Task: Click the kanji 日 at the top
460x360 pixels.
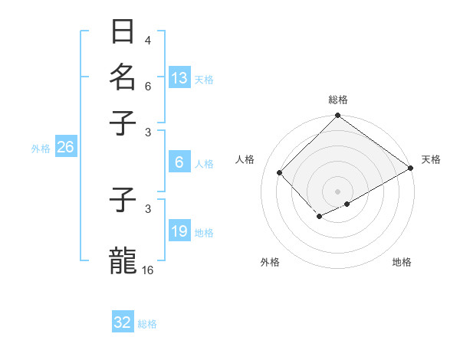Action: click(123, 32)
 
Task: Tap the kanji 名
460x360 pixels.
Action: click(123, 77)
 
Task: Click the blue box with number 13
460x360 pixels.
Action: click(179, 77)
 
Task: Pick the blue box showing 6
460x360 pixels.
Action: click(179, 162)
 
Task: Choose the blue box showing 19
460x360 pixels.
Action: click(179, 231)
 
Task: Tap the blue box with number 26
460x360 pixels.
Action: click(65, 148)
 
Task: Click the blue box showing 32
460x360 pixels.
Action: click(123, 322)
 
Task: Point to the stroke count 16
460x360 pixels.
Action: click(148, 270)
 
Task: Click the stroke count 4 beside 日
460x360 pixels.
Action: click(148, 41)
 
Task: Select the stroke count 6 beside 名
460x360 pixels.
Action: click(148, 87)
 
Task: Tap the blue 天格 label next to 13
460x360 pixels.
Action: click(203, 79)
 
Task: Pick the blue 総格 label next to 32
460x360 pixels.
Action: click(147, 324)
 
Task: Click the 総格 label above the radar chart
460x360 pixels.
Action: click(338, 100)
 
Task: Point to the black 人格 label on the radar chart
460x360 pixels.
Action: click(245, 159)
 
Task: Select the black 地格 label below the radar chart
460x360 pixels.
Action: click(402, 262)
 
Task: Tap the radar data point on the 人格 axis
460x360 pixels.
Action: click(280, 172)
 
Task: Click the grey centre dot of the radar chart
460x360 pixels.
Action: click(338, 191)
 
